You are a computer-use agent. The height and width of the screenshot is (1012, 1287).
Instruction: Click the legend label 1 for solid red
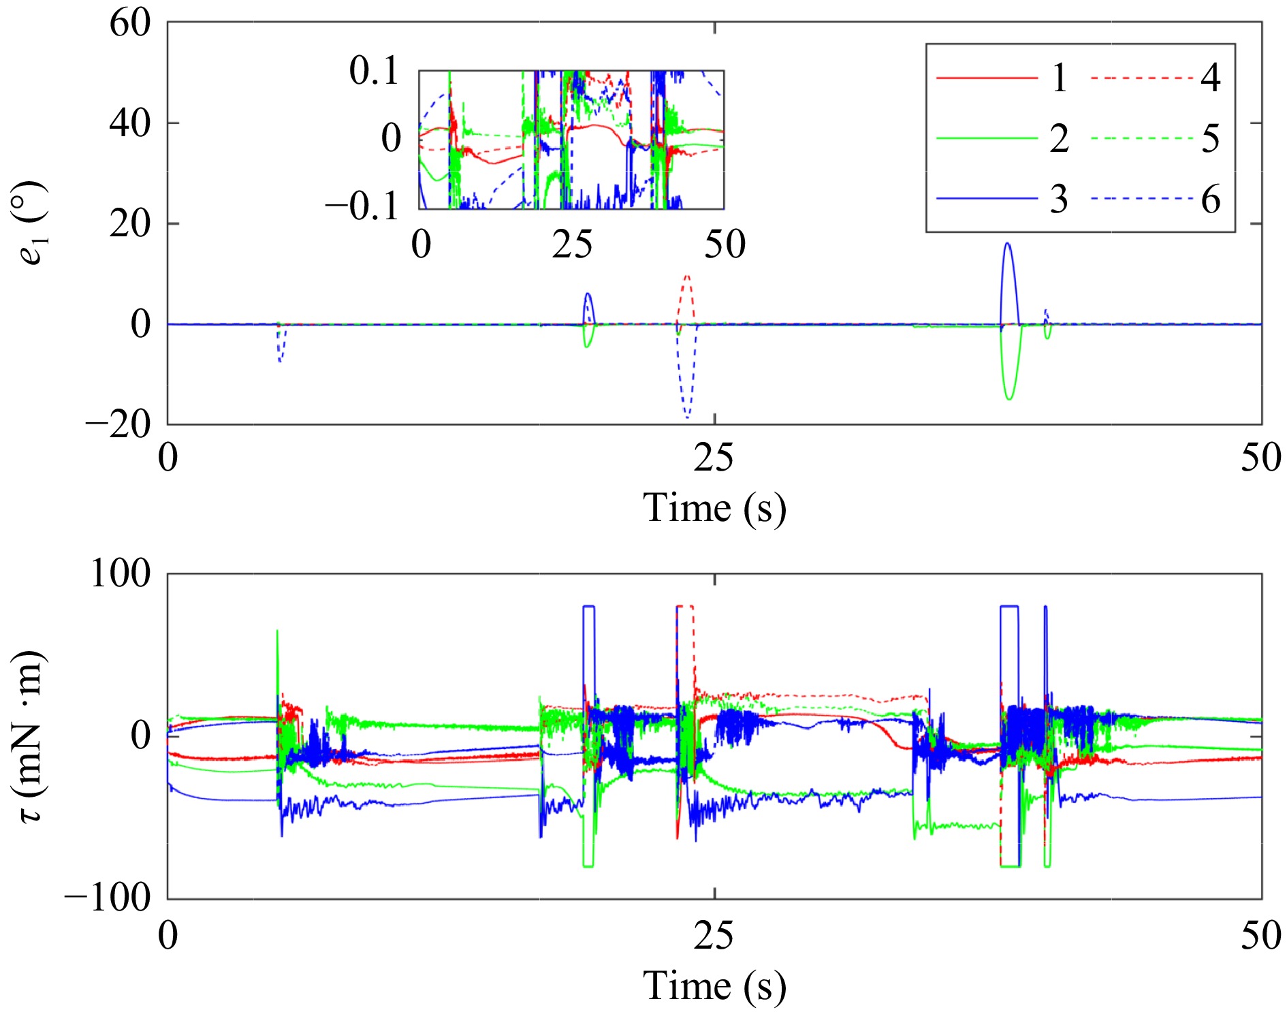click(1058, 78)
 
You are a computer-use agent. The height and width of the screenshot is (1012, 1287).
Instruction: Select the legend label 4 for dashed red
click(1210, 78)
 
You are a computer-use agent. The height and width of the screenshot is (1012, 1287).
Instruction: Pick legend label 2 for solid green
click(1058, 139)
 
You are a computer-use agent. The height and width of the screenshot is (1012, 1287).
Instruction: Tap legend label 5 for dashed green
click(1210, 139)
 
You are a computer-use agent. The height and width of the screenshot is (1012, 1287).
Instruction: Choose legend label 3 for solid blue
click(1058, 200)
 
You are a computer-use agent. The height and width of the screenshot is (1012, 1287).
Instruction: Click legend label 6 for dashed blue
click(1210, 200)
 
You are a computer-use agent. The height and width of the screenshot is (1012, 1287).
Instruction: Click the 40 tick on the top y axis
click(130, 123)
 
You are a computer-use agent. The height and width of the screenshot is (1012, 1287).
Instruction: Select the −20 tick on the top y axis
click(118, 425)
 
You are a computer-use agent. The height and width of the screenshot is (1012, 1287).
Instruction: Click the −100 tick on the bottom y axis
click(108, 898)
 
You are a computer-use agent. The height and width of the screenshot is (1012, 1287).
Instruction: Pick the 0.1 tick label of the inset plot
click(374, 71)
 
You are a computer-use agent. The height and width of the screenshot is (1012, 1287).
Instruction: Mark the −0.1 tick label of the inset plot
click(362, 206)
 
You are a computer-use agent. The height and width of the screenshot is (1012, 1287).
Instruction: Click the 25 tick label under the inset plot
click(572, 244)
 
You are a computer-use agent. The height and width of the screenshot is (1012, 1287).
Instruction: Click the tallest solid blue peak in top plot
click(1008, 244)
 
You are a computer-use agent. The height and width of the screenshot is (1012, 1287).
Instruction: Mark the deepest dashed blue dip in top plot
click(688, 417)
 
